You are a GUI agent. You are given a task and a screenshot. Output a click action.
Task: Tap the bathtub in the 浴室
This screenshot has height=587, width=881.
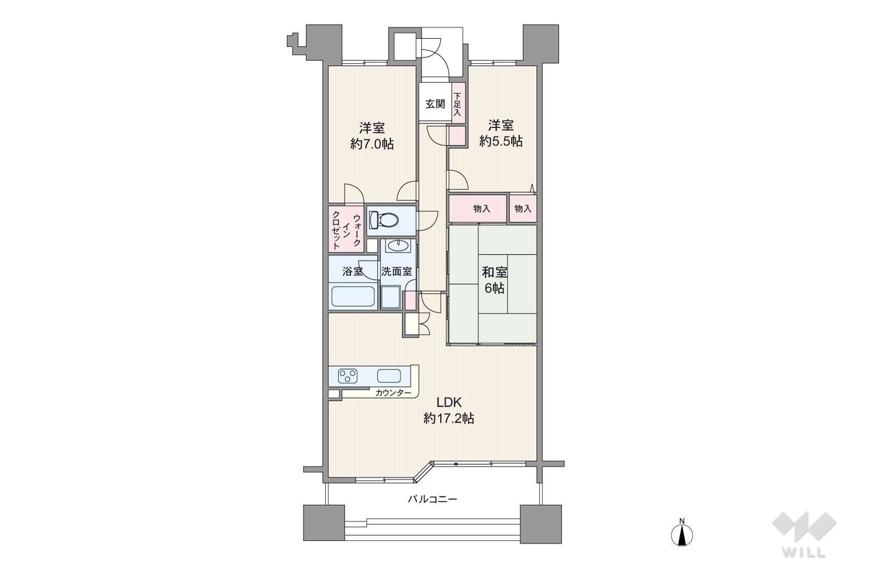353,296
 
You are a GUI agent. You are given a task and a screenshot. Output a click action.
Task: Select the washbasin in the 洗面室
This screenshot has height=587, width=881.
398,245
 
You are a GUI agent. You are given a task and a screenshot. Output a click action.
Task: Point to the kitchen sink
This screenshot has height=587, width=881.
389,376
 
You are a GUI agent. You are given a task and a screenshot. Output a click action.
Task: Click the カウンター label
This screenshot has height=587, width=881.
393,393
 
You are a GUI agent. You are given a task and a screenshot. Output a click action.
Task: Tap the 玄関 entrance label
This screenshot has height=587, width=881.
435,104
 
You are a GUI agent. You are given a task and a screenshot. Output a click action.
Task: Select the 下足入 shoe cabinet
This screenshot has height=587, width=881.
458,103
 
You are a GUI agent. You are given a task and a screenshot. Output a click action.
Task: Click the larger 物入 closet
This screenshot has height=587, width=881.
477,208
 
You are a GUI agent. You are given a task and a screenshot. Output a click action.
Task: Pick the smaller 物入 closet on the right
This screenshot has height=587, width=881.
523,208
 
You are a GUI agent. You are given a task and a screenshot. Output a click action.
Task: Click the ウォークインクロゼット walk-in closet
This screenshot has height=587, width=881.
347,229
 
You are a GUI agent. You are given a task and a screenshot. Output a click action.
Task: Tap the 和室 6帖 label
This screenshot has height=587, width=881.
495,280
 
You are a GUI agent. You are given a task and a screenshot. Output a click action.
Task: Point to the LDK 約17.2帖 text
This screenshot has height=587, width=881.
448,410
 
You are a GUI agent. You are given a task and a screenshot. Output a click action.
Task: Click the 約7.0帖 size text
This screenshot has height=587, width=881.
371,144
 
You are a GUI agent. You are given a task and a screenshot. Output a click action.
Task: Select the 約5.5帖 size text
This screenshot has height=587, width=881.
500,141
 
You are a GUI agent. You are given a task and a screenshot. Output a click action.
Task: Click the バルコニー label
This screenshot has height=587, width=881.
432,499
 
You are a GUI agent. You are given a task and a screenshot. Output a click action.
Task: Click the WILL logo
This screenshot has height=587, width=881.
804,535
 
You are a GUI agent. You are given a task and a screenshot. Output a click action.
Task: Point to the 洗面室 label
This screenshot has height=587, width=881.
397,272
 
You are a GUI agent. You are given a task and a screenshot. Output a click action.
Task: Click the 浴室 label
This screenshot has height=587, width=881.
353,272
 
